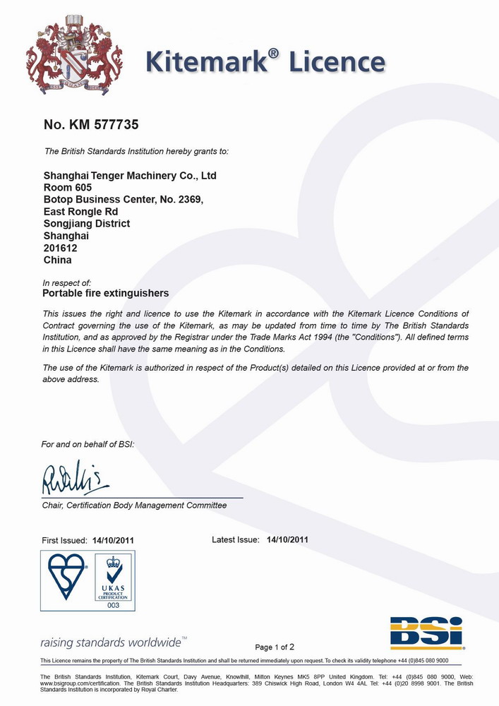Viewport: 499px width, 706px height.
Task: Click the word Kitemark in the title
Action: [205, 63]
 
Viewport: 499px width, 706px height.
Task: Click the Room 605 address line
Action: [68, 187]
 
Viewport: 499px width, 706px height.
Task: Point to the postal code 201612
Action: [61, 248]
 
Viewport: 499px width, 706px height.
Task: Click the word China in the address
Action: [57, 260]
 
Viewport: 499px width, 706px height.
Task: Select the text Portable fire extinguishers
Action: [106, 293]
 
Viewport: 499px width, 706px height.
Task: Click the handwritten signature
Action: [75, 481]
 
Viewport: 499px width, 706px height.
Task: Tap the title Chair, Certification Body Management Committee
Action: [134, 505]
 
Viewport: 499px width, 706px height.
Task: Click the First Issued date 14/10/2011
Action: [113, 541]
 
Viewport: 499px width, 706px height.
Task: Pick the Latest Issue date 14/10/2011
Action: [287, 540]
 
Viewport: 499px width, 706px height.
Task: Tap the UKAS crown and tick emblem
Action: [114, 570]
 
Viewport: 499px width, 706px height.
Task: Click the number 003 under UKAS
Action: [114, 605]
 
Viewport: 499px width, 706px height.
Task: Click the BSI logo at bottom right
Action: [426, 632]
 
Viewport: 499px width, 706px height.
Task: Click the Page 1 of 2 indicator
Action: [275, 647]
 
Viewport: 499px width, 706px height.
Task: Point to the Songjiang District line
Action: [87, 223]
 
